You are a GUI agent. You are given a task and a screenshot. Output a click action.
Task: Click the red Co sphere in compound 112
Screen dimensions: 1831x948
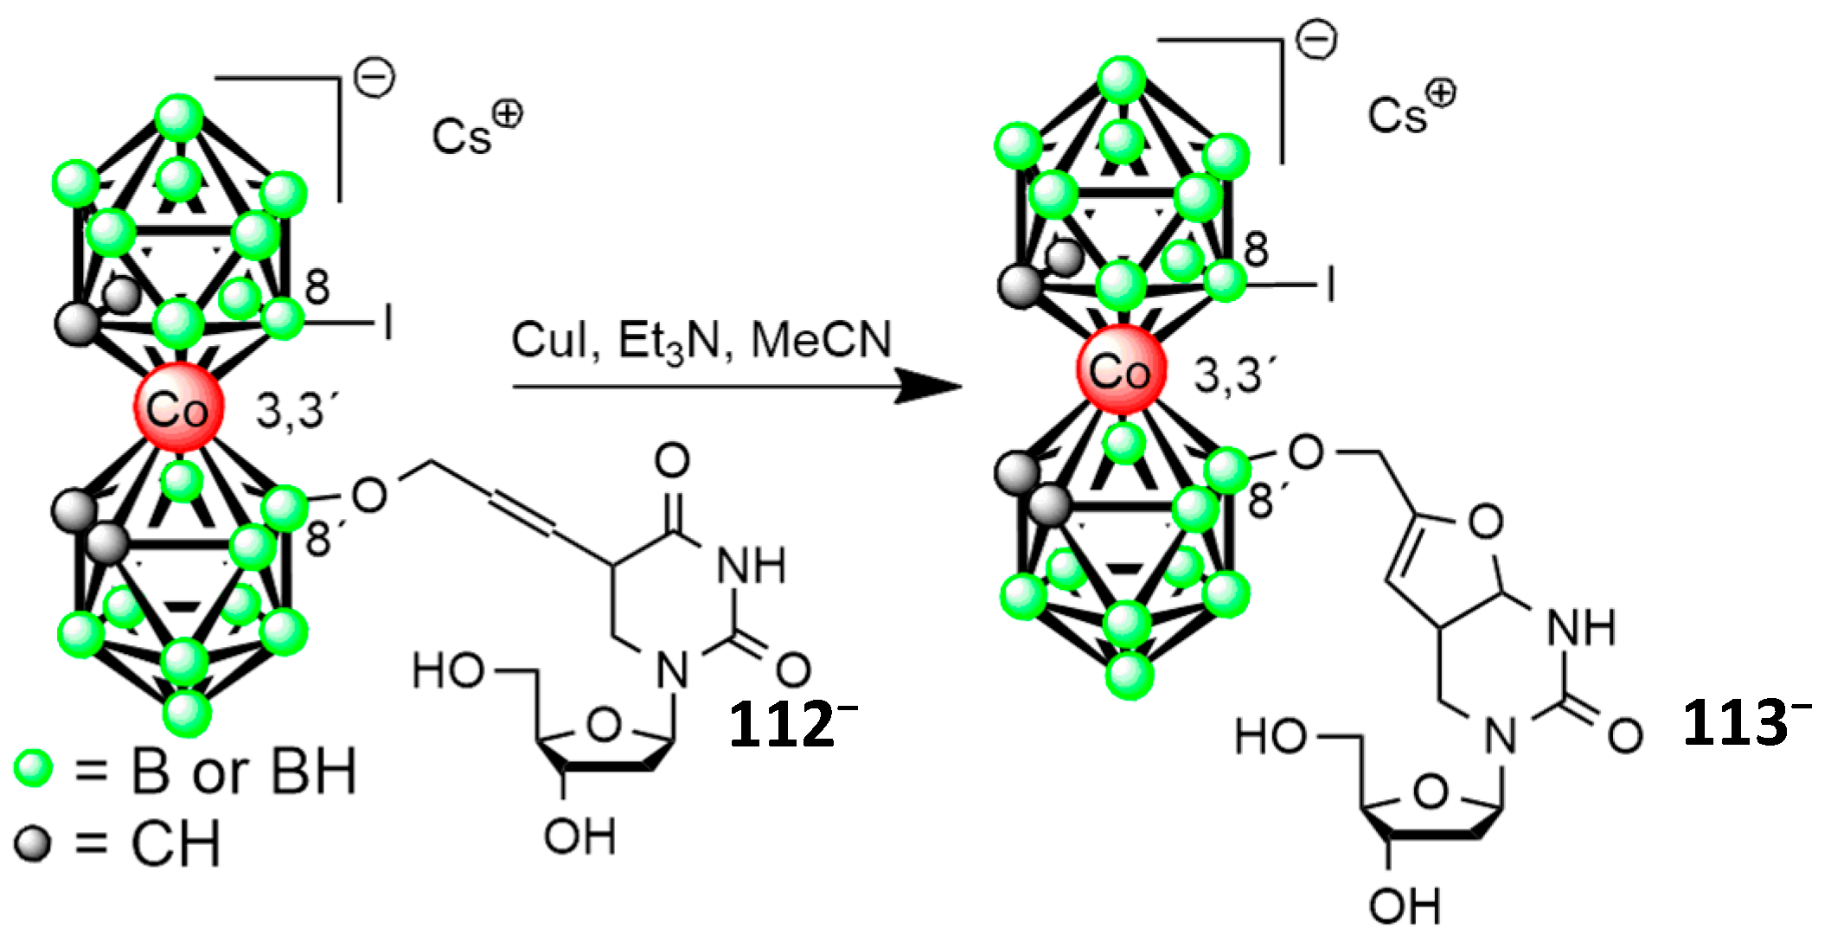coord(178,407)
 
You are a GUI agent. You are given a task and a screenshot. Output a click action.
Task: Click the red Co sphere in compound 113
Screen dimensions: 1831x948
coord(1121,370)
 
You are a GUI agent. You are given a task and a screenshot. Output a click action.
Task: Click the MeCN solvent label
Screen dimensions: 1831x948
coord(821,339)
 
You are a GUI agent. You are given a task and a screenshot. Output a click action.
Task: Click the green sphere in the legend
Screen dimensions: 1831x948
coord(34,768)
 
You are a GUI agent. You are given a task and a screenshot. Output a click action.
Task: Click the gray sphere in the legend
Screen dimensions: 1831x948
coord(34,842)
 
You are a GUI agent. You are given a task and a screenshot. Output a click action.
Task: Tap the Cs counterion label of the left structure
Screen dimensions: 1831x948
coord(463,136)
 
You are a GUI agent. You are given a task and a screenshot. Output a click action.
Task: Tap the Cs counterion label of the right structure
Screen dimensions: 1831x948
coord(1398,114)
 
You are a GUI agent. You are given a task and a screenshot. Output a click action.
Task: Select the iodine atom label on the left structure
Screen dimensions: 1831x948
coord(388,323)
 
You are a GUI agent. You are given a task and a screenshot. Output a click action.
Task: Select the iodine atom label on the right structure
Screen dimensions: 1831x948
coord(1329,284)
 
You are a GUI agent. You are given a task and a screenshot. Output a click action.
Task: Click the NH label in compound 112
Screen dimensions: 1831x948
coord(751,566)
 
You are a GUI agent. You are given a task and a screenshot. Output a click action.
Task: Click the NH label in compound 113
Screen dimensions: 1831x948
coord(1580,627)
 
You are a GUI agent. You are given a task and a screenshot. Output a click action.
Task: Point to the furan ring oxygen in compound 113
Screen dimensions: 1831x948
coord(1485,522)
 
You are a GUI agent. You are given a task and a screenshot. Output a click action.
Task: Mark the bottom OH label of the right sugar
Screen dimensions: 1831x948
coord(1405,906)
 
